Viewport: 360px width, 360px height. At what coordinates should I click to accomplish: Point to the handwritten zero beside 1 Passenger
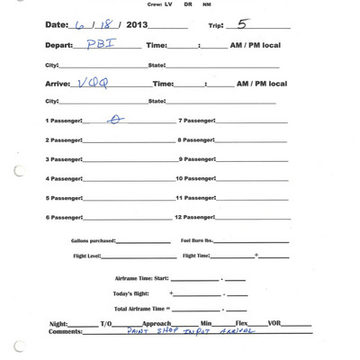pos(114,118)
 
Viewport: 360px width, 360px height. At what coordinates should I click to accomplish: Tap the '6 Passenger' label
pos(63,217)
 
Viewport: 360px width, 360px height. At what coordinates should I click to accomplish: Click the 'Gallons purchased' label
pos(93,240)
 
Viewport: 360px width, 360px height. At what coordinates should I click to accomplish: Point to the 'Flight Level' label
pos(89,256)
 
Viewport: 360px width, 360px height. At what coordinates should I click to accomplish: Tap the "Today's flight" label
pos(132,293)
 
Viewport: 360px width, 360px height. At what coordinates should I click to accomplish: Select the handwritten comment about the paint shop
pos(180,330)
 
